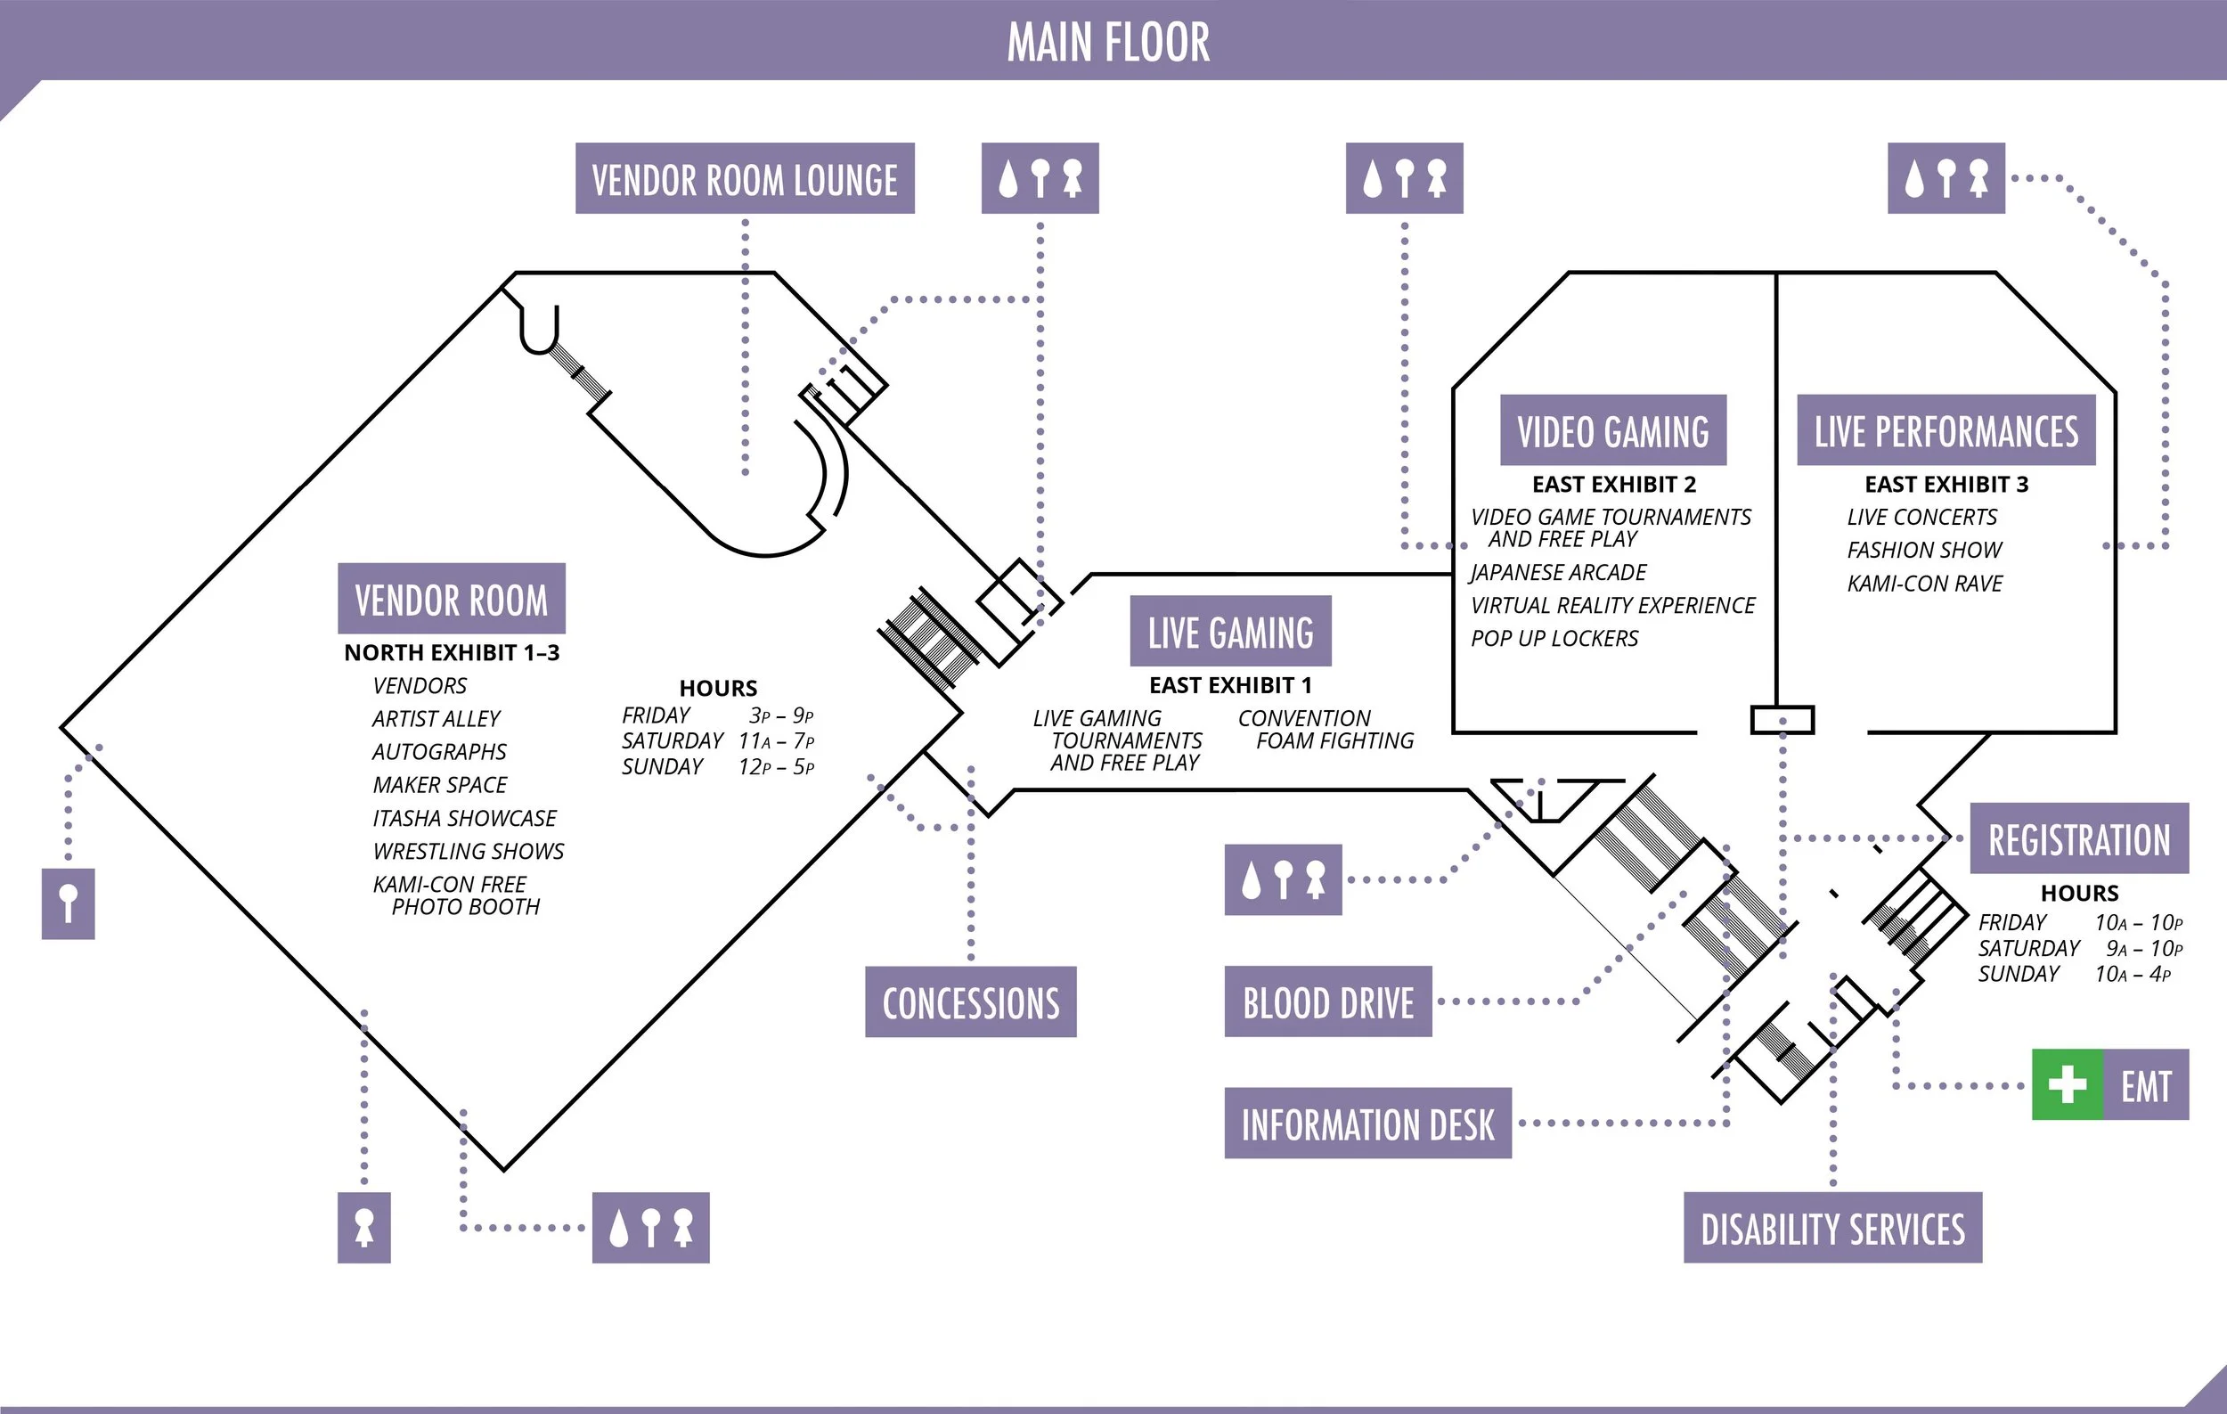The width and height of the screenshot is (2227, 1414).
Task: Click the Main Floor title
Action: pyautogui.click(x=1108, y=43)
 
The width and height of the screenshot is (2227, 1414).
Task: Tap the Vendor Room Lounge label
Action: pyautogui.click(x=745, y=178)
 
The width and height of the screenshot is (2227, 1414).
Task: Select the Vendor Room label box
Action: pyautogui.click(x=452, y=599)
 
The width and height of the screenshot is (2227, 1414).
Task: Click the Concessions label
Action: pyautogui.click(x=970, y=1002)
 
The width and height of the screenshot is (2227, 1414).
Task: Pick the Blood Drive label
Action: pyautogui.click(x=1328, y=1002)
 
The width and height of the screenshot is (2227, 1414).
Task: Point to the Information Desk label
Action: pyautogui.click(x=1366, y=1124)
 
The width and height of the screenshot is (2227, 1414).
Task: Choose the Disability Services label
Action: pyautogui.click(x=1832, y=1228)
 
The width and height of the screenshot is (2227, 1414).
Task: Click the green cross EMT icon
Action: pyautogui.click(x=2067, y=1084)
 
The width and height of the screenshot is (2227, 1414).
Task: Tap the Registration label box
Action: pyautogui.click(x=2079, y=838)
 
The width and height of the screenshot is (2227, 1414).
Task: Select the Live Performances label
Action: pyautogui.click(x=1946, y=431)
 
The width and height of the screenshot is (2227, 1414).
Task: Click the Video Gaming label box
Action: pyautogui.click(x=1613, y=431)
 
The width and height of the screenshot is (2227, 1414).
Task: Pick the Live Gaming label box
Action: pyautogui.click(x=1230, y=632)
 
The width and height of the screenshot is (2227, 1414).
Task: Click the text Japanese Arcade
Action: pyautogui.click(x=1558, y=572)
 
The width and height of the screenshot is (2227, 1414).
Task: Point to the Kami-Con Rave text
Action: pyautogui.click(x=1925, y=584)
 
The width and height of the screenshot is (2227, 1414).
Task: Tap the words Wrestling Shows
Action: pyautogui.click(x=468, y=851)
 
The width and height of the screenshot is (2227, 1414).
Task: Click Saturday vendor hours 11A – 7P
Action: pyautogui.click(x=776, y=740)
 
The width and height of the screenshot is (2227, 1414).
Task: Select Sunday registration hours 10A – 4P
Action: pyautogui.click(x=2132, y=974)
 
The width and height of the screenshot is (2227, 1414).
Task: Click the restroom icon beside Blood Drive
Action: pyautogui.click(x=1283, y=879)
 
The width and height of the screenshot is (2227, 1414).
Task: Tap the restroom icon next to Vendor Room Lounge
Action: pyautogui.click(x=1040, y=178)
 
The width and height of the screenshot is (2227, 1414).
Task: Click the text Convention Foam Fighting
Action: pyautogui.click(x=1325, y=730)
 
